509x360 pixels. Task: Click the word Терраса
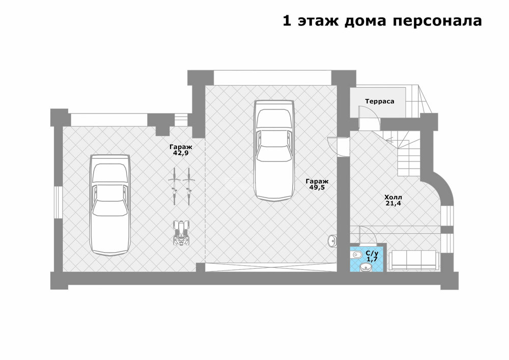380,101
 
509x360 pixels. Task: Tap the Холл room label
393,197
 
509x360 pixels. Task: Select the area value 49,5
317,187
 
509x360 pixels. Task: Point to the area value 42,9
181,153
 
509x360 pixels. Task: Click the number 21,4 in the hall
393,204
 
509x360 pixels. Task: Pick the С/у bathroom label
372,253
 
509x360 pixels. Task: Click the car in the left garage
110,205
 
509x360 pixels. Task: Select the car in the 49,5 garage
274,151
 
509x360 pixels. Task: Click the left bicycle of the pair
174,186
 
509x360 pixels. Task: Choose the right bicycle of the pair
189,186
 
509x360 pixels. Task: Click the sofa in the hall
413,260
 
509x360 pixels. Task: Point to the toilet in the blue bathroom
356,255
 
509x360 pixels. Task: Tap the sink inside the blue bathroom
366,267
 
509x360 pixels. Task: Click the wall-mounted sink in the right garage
332,240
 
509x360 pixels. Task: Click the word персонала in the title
437,21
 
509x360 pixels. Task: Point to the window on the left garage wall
58,202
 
